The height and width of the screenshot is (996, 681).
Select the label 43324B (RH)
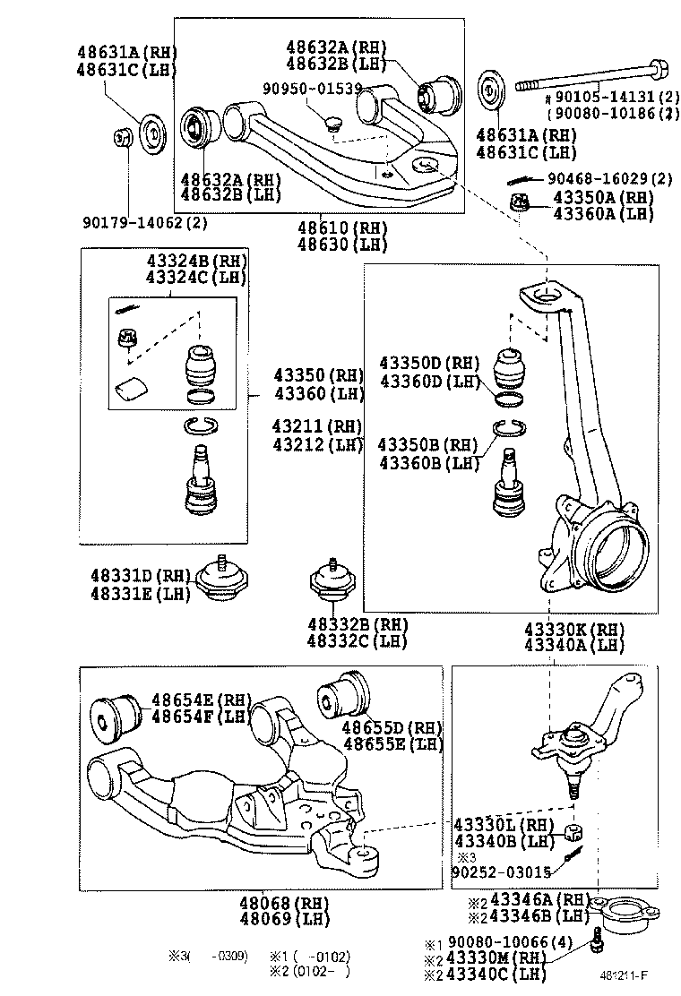point(196,262)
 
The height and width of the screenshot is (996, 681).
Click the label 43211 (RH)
point(319,425)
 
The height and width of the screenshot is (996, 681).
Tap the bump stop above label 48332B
point(330,587)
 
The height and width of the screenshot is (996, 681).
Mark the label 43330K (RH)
point(573,629)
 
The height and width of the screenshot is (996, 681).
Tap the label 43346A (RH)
point(536,899)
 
